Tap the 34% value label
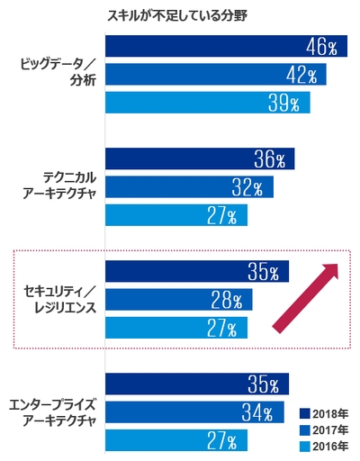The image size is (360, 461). (256, 412)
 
